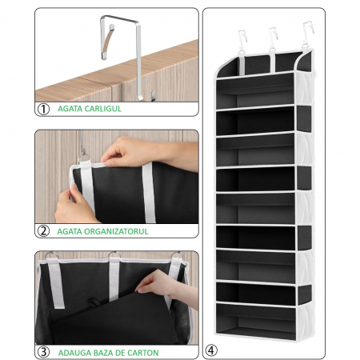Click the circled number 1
[43, 108]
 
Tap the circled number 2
[43, 230]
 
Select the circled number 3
[43, 351]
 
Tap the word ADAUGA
[74, 352]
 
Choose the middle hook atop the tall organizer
[274, 38]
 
